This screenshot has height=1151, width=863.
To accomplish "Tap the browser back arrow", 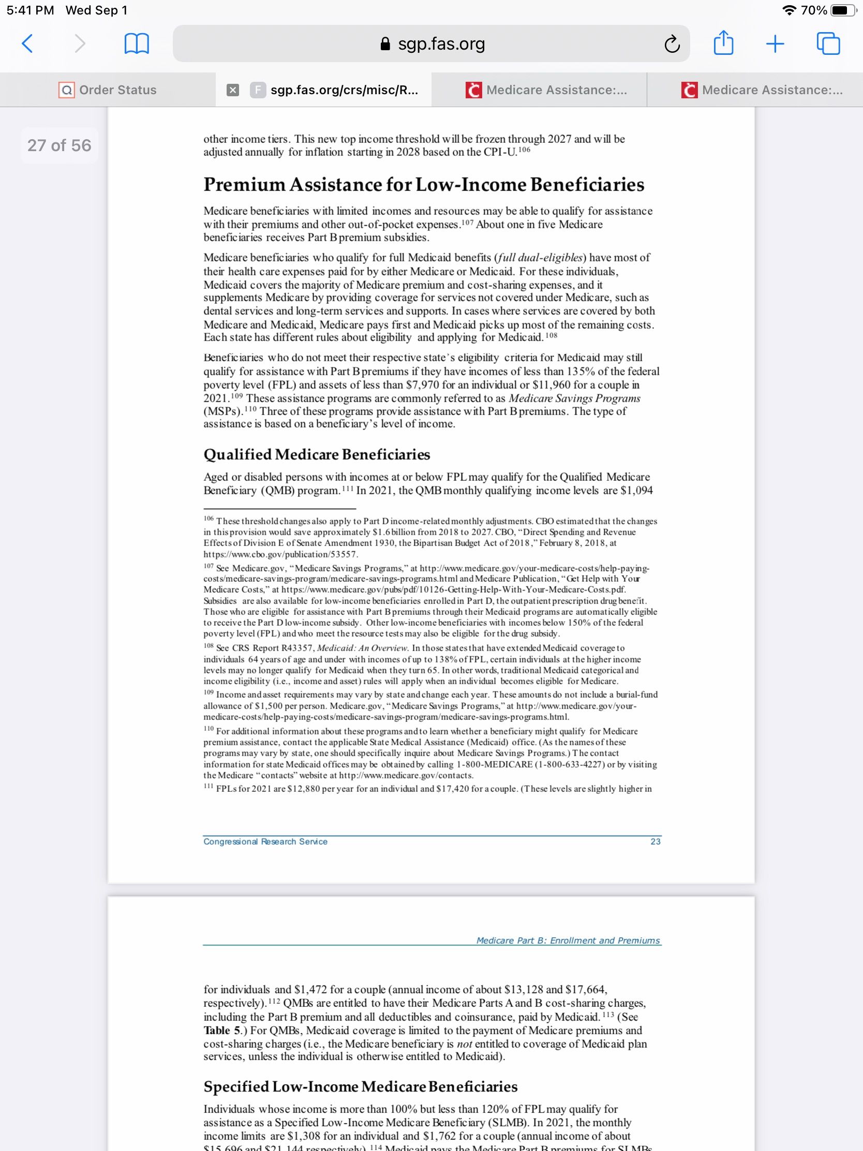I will tap(27, 43).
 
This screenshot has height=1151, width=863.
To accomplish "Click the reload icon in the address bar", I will tap(672, 44).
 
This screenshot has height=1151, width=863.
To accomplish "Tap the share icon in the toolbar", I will tap(723, 42).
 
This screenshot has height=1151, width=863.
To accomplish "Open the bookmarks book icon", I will tap(137, 44).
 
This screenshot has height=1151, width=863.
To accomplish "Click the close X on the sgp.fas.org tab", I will tap(233, 91).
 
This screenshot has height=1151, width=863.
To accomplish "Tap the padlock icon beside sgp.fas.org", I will tap(385, 43).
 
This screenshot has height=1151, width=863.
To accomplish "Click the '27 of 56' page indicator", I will tap(59, 145).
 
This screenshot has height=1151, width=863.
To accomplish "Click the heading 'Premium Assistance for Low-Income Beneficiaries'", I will tap(423, 185).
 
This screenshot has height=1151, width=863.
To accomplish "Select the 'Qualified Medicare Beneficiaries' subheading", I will tap(316, 454).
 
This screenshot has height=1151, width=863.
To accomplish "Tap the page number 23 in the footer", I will tap(656, 842).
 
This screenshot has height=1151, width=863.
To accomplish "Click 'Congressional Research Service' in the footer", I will tap(265, 842).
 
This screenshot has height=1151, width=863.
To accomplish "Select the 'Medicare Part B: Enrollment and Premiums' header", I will tap(568, 940).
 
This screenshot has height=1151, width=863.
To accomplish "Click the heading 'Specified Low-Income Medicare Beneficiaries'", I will tap(361, 1086).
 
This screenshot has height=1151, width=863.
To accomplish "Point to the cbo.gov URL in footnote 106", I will tap(280, 554).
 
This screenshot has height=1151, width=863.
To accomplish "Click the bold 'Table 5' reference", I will tap(217, 1030).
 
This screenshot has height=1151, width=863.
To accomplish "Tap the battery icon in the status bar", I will tap(843, 10).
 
